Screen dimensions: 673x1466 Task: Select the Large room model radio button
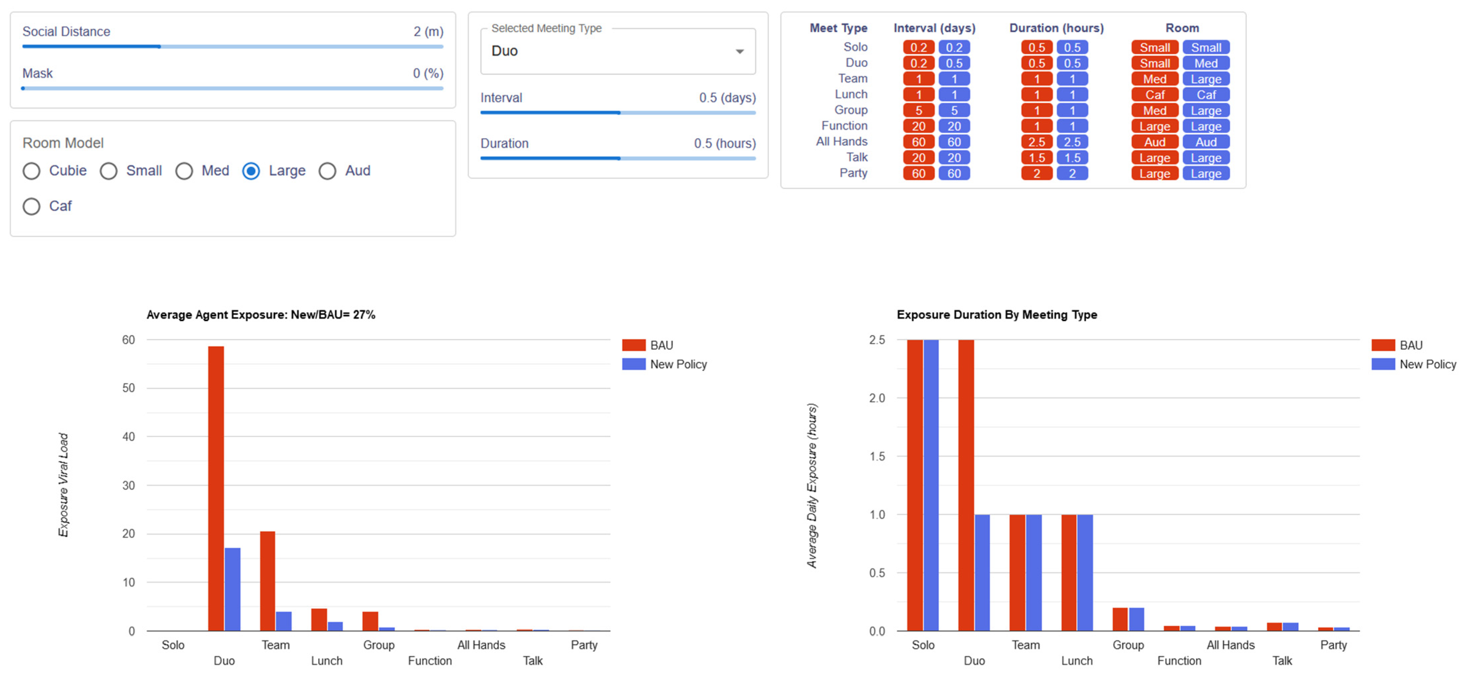(251, 171)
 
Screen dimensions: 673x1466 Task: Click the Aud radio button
(327, 171)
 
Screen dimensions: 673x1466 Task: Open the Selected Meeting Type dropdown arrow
(739, 51)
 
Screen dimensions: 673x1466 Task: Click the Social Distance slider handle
(159, 47)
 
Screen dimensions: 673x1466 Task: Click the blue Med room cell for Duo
(1205, 63)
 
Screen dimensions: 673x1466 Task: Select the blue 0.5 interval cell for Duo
(954, 63)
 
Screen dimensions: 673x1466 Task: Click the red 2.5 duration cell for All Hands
(1036, 142)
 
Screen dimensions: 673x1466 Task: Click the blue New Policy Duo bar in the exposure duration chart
(982, 572)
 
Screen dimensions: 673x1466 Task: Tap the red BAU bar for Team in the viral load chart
(268, 581)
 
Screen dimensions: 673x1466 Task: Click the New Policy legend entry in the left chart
(677, 364)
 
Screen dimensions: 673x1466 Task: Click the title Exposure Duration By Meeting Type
(997, 315)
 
